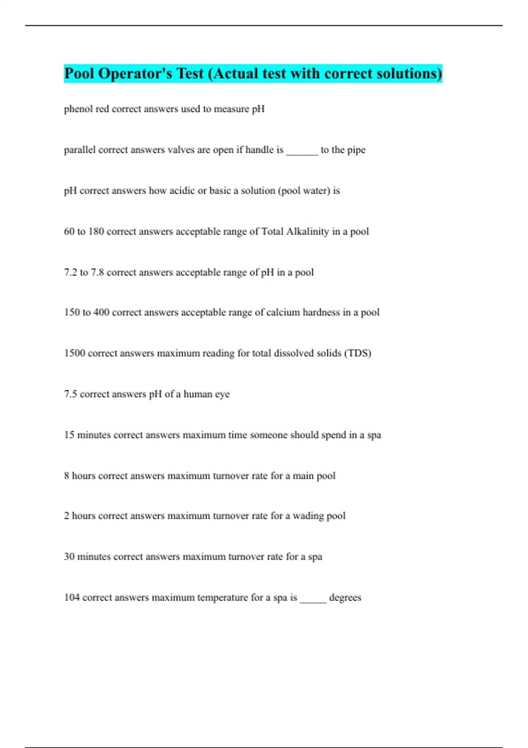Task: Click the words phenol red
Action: pos(86,109)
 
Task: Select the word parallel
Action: pos(80,150)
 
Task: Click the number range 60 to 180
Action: pos(84,231)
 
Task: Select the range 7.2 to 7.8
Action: pos(84,272)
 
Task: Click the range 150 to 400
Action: pos(86,312)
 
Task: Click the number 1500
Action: pos(74,353)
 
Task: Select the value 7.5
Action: pos(70,394)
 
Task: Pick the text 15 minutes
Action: pos(87,435)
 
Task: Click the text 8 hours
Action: pos(79,476)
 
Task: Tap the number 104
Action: pos(72,598)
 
